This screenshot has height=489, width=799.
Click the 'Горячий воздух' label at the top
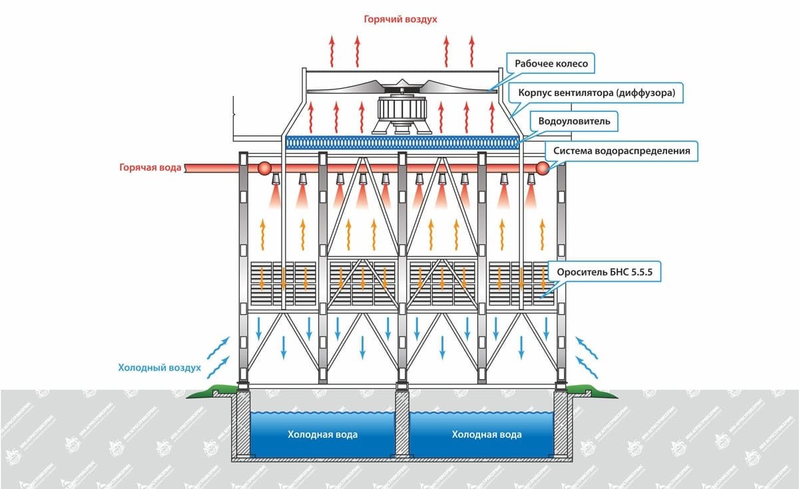[400, 19]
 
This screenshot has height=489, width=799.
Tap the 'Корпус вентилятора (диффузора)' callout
[597, 93]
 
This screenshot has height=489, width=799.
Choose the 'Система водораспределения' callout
[619, 151]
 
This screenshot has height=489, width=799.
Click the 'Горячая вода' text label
[150, 169]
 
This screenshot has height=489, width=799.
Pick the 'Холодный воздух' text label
[159, 367]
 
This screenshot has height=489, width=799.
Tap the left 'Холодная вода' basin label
[322, 434]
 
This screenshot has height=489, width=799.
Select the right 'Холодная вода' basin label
[486, 434]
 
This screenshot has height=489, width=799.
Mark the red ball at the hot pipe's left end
[264, 169]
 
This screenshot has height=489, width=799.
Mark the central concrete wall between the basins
[402, 426]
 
